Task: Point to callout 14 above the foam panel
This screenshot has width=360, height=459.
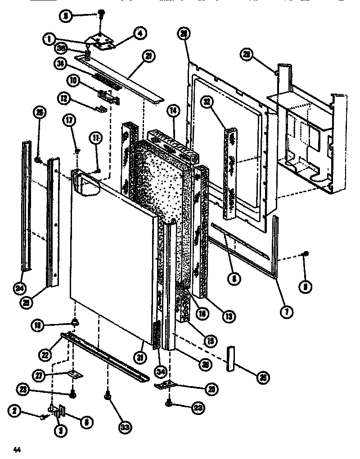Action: pyautogui.click(x=172, y=110)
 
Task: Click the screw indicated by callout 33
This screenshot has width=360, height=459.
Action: pyautogui.click(x=107, y=396)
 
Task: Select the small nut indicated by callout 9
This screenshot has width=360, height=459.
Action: pyautogui.click(x=306, y=255)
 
